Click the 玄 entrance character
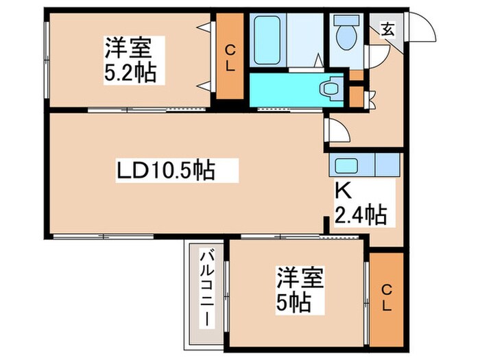[x=387, y=29]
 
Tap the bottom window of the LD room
[x=103, y=236]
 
